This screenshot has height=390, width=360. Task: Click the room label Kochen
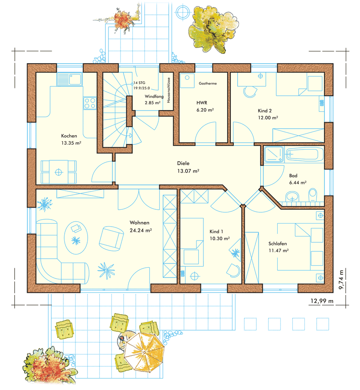(69, 136)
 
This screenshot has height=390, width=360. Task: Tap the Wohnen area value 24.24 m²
(141, 231)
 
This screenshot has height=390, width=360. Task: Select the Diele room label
(183, 163)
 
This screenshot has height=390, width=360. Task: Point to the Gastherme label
(208, 83)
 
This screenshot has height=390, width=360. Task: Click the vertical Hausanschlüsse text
(169, 90)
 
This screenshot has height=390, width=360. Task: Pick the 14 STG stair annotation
(139, 83)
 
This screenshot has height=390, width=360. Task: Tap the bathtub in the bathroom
(304, 154)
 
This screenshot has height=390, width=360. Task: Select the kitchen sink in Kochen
(69, 79)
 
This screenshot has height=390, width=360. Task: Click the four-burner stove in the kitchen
(90, 103)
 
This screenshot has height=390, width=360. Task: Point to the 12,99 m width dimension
(322, 301)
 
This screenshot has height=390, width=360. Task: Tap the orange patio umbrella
(144, 352)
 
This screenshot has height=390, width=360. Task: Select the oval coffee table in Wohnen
(76, 238)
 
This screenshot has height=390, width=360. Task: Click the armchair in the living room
(111, 238)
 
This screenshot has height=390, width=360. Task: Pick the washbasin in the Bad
(292, 196)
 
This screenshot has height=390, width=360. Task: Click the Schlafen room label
(278, 244)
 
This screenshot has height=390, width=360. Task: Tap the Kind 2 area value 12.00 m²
(268, 117)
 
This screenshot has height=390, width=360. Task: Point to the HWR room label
(202, 103)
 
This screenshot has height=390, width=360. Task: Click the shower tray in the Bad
(274, 154)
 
